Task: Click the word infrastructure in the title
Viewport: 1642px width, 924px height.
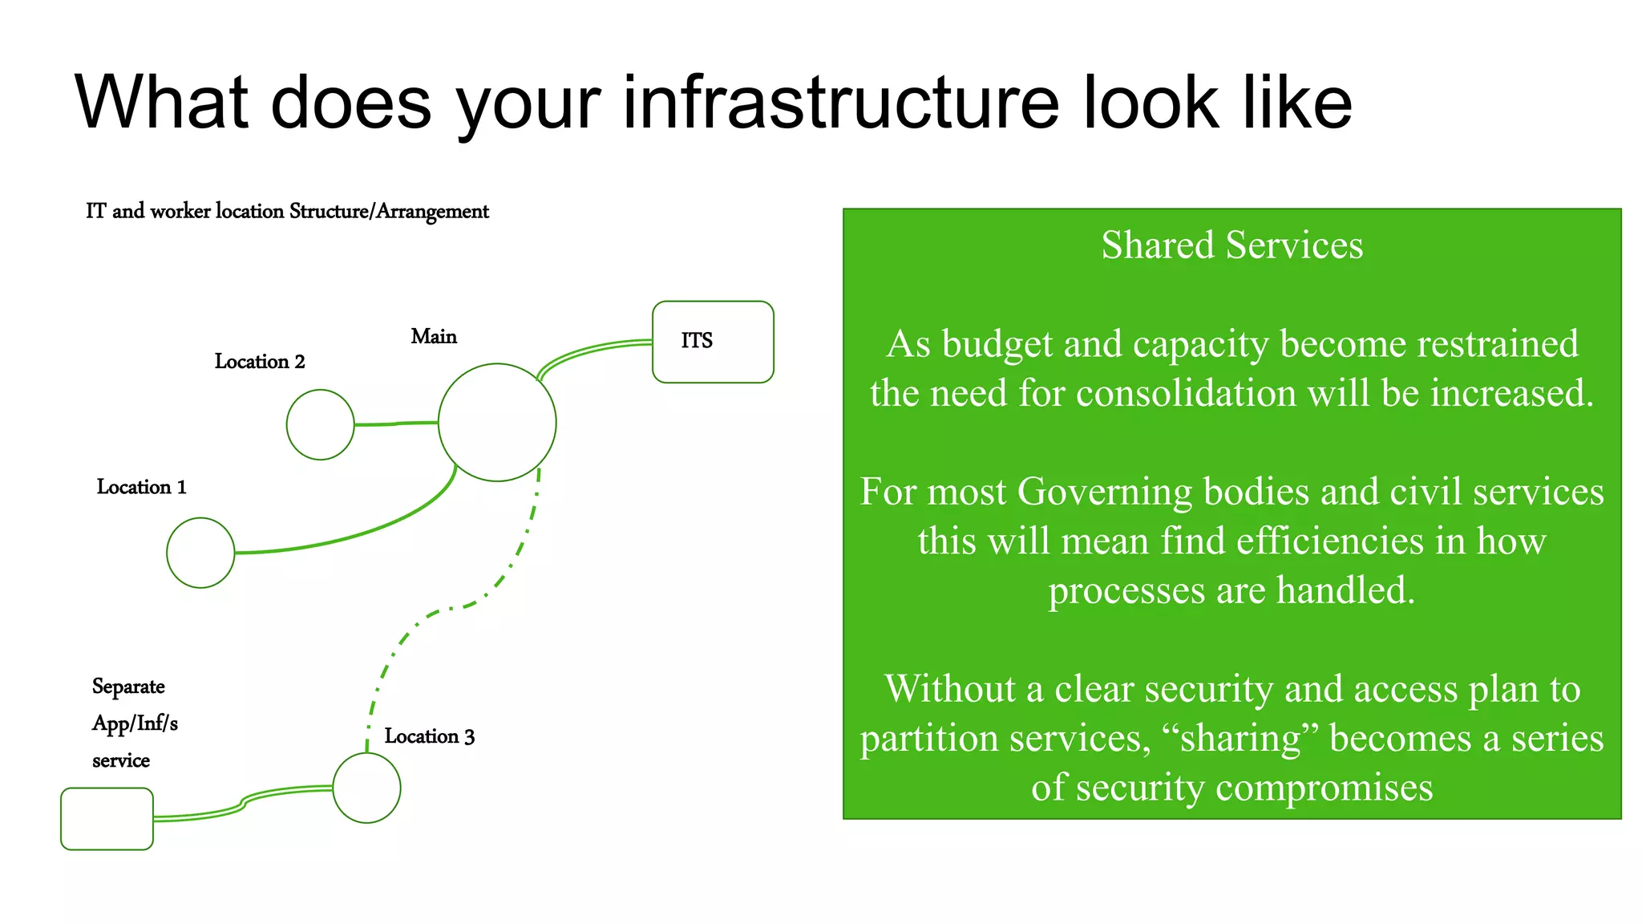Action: pos(841,103)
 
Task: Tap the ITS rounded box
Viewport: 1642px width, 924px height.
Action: pos(713,342)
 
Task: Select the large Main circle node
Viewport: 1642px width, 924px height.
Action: pos(497,423)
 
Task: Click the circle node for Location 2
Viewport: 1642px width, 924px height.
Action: pos(320,424)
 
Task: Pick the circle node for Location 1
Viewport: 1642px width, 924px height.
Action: pos(200,553)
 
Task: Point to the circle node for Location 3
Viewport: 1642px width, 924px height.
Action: pos(366,788)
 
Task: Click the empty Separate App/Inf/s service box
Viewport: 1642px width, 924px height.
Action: pos(107,818)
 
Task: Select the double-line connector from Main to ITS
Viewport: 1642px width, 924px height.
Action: pos(593,350)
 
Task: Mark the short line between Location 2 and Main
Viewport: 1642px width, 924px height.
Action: pos(396,423)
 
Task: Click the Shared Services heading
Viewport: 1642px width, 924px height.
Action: pos(1231,245)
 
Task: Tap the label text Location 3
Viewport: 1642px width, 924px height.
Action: pos(429,736)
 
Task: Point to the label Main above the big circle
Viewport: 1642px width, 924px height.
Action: pos(434,337)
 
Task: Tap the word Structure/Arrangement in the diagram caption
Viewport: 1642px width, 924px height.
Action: pos(389,212)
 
